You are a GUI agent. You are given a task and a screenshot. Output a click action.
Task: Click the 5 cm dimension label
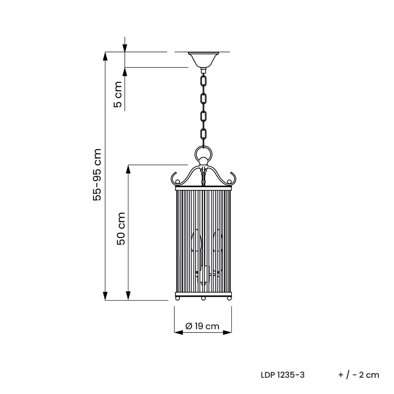click(118, 94)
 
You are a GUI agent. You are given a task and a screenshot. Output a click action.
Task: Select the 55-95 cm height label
click(97, 175)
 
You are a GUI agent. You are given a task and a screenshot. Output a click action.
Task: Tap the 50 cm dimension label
click(121, 229)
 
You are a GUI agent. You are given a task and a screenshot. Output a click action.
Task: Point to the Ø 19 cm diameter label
click(202, 326)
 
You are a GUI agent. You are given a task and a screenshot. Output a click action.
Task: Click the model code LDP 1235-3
click(283, 375)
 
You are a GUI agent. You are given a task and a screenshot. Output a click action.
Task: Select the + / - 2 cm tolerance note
click(359, 375)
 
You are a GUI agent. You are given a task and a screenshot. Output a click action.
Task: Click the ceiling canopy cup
click(203, 60)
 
